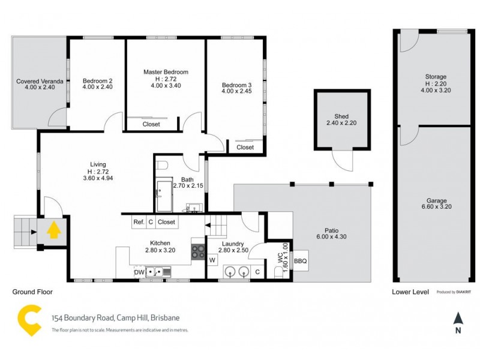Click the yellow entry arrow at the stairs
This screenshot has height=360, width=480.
[53, 229]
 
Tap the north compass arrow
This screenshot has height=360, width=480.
[458, 319]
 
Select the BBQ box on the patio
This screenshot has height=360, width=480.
[300, 261]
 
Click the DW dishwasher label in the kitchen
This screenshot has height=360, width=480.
[140, 272]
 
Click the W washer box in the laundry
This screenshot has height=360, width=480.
[212, 260]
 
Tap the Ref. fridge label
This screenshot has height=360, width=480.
[139, 222]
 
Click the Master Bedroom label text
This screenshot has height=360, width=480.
[166, 72]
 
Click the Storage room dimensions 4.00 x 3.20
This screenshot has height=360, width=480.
[436, 91]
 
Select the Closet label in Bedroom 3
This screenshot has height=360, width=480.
[245, 147]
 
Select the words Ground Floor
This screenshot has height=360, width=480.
[32, 292]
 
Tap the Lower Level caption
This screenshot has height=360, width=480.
[410, 292]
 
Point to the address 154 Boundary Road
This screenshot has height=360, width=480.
[115, 317]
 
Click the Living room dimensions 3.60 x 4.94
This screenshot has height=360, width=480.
[98, 178]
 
